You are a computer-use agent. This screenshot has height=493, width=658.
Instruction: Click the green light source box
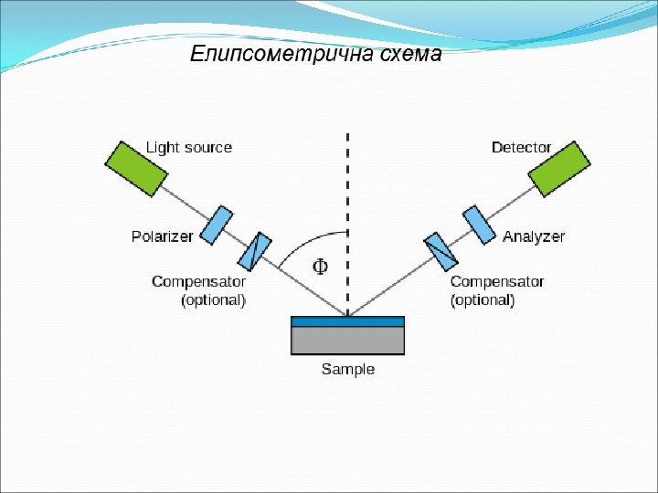coord(134,168)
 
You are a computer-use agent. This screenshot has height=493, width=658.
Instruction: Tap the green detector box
coord(560,168)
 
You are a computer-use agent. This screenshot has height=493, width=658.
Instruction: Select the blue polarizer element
coord(217,225)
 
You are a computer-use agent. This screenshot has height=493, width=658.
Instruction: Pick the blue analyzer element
coord(478,225)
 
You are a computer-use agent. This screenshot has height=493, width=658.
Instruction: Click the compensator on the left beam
coord(258,252)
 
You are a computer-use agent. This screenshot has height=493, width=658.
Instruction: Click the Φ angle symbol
coord(321,267)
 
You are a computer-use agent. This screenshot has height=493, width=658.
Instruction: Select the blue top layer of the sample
coord(347,320)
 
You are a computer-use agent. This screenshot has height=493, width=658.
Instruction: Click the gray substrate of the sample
coord(347,341)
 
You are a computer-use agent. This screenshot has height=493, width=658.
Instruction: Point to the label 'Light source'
coord(189,147)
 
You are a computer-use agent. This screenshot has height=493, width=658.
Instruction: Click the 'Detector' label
coord(521,147)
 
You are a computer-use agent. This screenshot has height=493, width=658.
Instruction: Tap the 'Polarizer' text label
coord(163,236)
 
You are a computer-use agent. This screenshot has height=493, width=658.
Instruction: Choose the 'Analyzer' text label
coord(534,236)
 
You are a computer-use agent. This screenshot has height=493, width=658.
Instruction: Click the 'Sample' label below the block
coord(348,370)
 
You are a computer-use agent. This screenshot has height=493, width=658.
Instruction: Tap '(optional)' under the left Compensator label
coord(214,299)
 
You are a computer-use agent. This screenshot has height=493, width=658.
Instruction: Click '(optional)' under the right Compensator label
coord(483,299)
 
